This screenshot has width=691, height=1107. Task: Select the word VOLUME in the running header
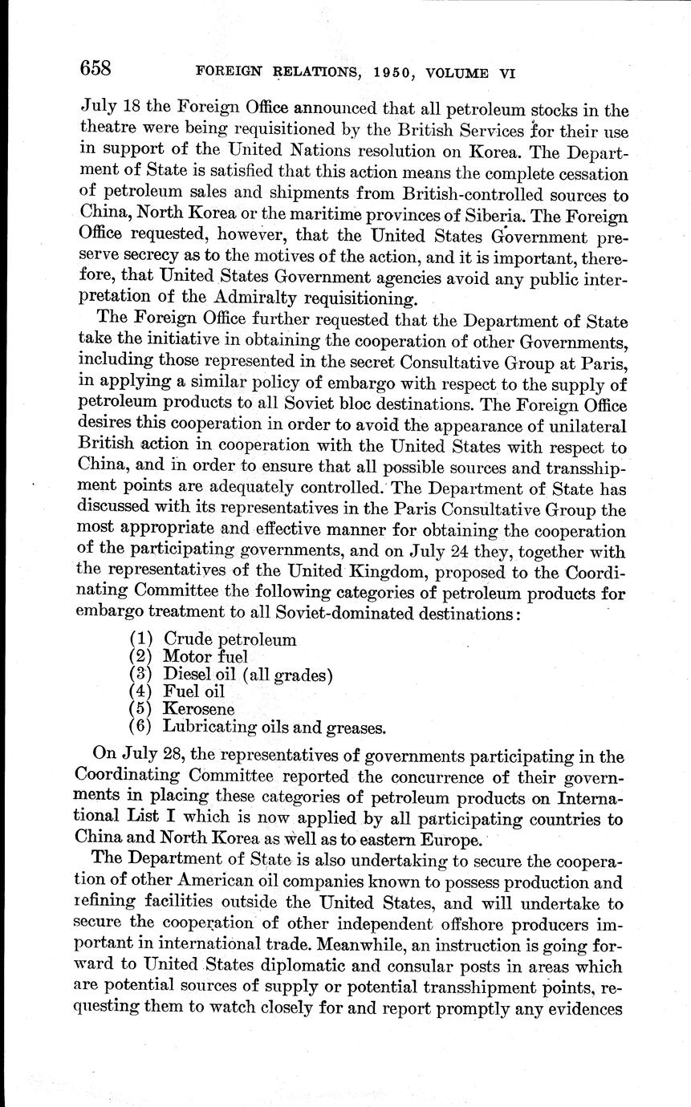(457, 72)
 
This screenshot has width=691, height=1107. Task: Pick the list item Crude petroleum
(230, 640)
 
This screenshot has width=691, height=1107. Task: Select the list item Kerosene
(198, 710)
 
